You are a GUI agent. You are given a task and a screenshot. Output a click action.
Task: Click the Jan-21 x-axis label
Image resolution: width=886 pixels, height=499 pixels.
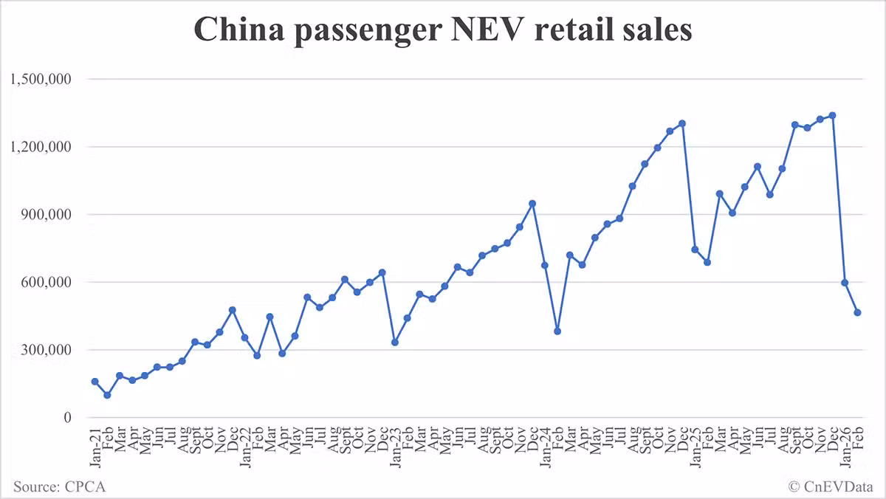pos(95,446)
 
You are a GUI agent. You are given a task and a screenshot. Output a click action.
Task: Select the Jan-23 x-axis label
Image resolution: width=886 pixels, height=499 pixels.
pos(395,446)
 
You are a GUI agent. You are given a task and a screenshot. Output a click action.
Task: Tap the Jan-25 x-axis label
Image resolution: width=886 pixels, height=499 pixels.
pos(695,446)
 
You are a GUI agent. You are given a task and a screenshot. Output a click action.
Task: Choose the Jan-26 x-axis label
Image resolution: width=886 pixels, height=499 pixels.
pos(845,446)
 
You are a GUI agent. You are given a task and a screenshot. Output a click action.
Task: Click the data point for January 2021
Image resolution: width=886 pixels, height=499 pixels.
pos(95,382)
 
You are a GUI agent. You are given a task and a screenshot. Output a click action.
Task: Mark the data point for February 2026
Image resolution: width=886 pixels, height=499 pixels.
pos(857,313)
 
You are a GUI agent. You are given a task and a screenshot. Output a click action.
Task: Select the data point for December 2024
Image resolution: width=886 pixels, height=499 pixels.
pos(682,123)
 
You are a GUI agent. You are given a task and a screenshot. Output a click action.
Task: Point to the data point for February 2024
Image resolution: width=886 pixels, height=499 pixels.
pos(557,331)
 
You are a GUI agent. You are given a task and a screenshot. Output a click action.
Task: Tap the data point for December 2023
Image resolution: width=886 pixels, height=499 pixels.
pos(532,203)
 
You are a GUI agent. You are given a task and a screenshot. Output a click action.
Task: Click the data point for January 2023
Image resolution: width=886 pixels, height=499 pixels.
pos(395,343)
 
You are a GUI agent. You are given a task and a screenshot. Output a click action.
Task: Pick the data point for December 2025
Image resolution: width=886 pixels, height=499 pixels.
pos(832,115)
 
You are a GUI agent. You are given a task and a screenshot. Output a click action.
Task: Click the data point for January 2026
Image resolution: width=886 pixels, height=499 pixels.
pos(845,283)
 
